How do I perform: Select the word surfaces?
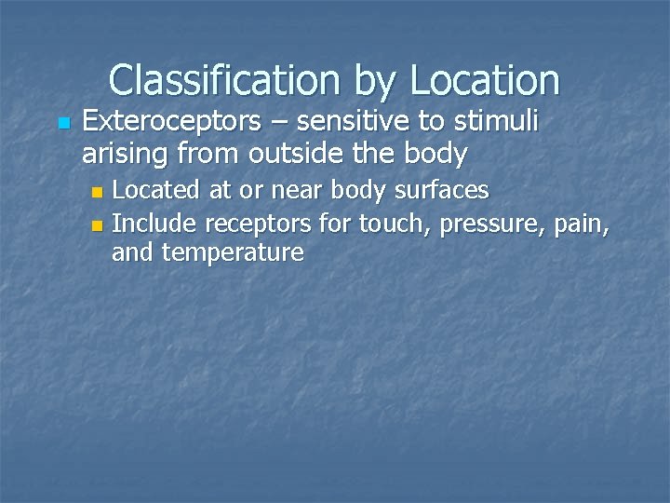click(x=444, y=191)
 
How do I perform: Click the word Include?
click(x=154, y=223)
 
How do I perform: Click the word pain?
click(x=584, y=224)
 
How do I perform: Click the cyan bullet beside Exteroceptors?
click(x=62, y=124)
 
